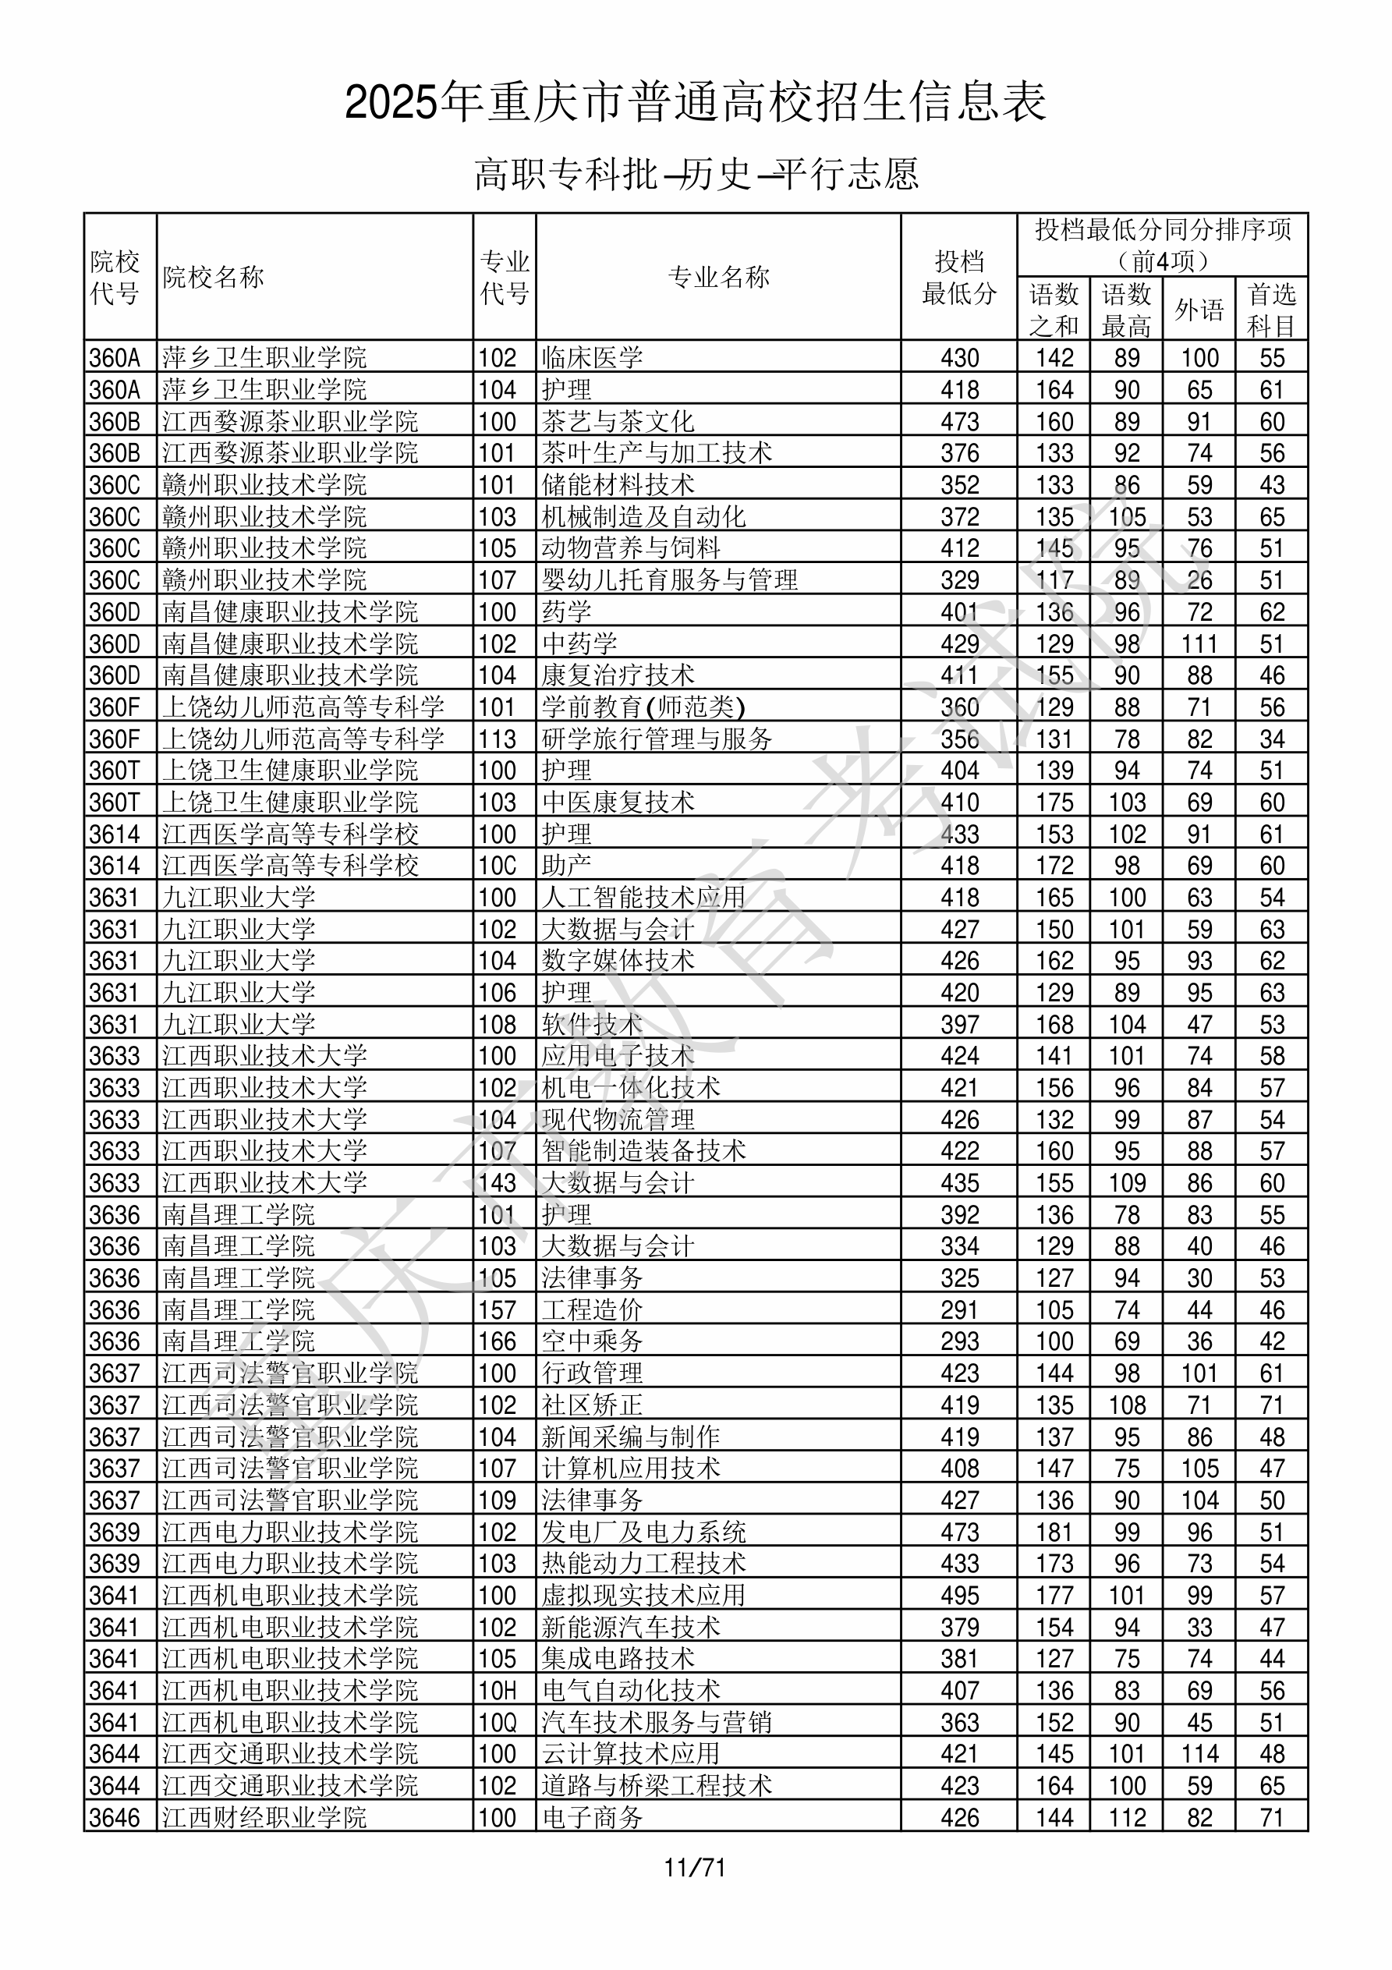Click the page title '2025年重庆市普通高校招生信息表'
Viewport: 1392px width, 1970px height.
coord(695,103)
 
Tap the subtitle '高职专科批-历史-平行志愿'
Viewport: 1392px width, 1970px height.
coord(696,174)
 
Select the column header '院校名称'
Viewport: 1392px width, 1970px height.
coord(214,277)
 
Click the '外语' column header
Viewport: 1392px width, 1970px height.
coord(1199,310)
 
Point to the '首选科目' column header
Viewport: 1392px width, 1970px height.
coord(1271,310)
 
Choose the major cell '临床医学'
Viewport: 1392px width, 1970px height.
coord(592,357)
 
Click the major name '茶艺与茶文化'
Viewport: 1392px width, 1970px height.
coord(618,421)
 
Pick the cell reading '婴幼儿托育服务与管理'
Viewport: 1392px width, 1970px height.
coord(669,580)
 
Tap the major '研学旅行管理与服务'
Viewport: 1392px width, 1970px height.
coord(657,739)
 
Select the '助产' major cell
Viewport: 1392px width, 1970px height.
coord(566,866)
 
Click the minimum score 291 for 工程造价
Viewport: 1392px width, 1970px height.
coord(959,1310)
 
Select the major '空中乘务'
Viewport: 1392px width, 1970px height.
coord(592,1342)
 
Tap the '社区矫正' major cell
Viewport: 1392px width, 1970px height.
coord(592,1405)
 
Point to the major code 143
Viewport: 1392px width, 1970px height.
coord(498,1183)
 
